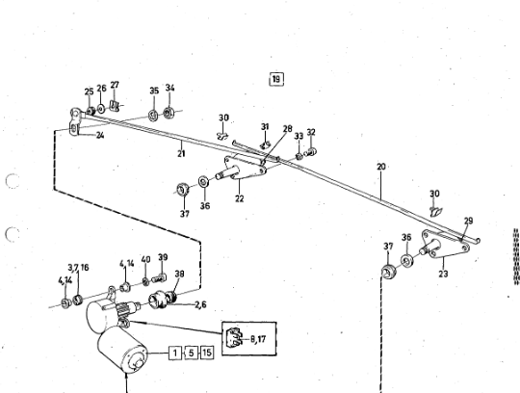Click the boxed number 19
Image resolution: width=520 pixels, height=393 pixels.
[x=276, y=79]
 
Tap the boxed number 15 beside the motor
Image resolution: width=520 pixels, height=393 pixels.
[x=206, y=353]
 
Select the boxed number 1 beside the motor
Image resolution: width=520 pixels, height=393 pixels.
[x=175, y=353]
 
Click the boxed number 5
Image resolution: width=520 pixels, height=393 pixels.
[x=191, y=353]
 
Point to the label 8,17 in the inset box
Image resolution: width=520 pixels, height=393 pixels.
[x=258, y=339]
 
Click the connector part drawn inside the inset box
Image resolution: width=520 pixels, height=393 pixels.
[x=234, y=337]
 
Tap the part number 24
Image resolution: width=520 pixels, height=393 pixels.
[x=100, y=135]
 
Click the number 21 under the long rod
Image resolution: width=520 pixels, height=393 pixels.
[x=181, y=153]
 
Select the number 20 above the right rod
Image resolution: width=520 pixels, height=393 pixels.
[x=381, y=167]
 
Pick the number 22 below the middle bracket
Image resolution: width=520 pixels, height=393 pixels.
[x=240, y=198]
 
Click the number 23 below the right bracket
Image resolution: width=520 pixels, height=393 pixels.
[x=443, y=274]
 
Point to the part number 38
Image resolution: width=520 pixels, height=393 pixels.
[x=179, y=274]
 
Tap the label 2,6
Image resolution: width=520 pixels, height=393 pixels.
[x=200, y=304]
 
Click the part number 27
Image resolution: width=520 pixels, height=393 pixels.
[x=115, y=85]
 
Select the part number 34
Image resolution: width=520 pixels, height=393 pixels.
[x=169, y=88]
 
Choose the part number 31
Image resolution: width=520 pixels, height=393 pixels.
[x=265, y=127]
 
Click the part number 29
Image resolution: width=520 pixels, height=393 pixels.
[x=468, y=221]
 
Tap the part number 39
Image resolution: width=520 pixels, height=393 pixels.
[x=163, y=257]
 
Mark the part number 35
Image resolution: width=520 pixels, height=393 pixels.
[x=154, y=91]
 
